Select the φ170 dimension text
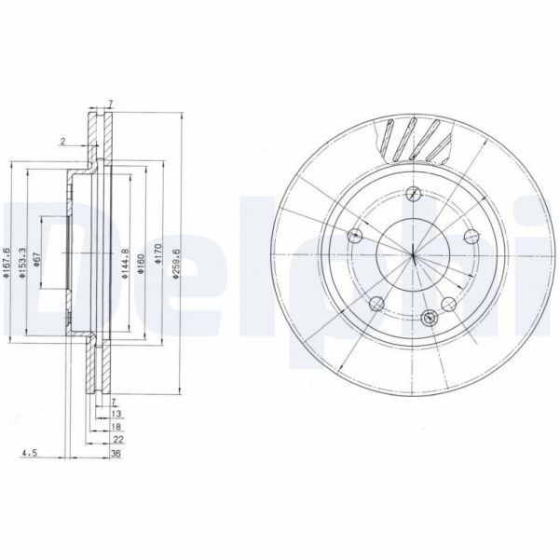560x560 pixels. (159, 251)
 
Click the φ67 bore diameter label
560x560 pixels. (35, 260)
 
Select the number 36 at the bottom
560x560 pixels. (116, 455)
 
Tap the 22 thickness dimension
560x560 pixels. (116, 439)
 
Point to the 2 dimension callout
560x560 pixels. (61, 142)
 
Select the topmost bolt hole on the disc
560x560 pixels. (411, 194)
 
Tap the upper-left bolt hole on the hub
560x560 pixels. (353, 236)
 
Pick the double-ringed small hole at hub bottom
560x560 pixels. (428, 317)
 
